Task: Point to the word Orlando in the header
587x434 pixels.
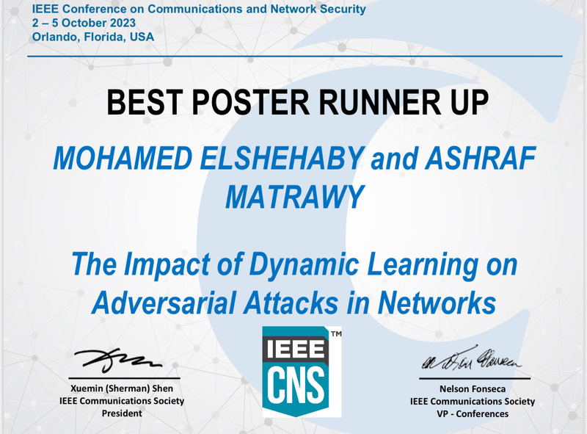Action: (52, 37)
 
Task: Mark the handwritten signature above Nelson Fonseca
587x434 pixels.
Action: (470, 361)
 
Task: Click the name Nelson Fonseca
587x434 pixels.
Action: (472, 390)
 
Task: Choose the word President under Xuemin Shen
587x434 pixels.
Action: (121, 413)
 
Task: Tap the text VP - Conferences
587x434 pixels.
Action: (472, 413)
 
